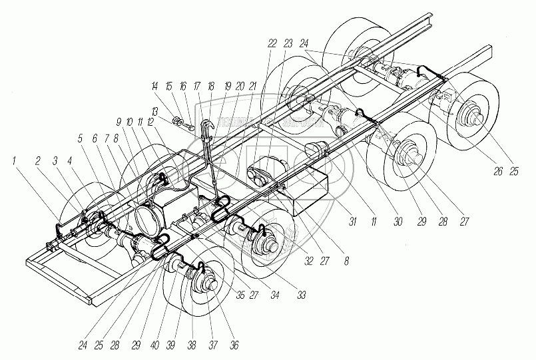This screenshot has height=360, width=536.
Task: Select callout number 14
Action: point(154,87)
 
